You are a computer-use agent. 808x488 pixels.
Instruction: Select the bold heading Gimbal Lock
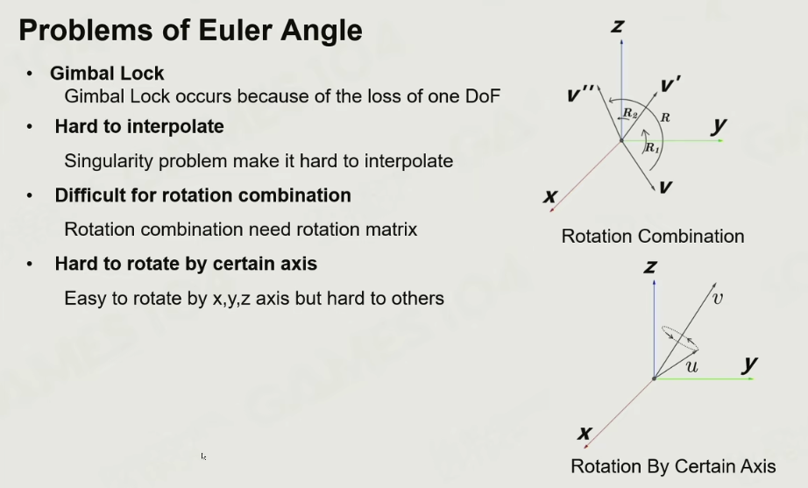coord(107,74)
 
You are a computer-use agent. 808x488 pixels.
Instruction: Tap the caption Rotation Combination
coord(653,236)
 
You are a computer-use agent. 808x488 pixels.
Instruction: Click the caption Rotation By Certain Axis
coord(673,466)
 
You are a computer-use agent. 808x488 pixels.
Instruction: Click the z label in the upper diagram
coord(617,26)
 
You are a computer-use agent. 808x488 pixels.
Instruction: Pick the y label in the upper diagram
coord(719,125)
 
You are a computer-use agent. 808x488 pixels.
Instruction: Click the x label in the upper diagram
coord(549,196)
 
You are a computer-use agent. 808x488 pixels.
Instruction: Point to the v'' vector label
coord(581,94)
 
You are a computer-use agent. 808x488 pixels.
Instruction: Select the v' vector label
coord(670,84)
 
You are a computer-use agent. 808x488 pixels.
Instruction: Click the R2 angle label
coord(630,113)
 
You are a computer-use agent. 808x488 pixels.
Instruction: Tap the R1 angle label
coord(652,148)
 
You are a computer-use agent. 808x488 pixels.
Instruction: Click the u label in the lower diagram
coord(691,366)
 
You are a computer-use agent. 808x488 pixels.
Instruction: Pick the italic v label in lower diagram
coord(718,298)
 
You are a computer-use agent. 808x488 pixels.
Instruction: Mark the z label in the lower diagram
coord(650,267)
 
